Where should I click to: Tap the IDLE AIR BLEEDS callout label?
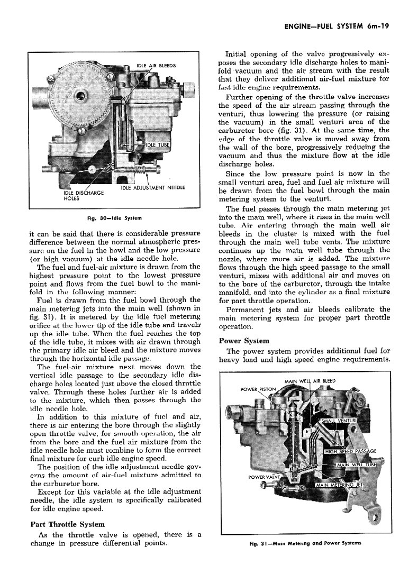(x=156, y=66)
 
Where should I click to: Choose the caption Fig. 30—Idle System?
(x=115, y=218)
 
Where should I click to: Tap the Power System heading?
(x=244, y=341)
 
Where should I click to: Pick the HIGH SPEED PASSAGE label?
(x=350, y=451)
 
